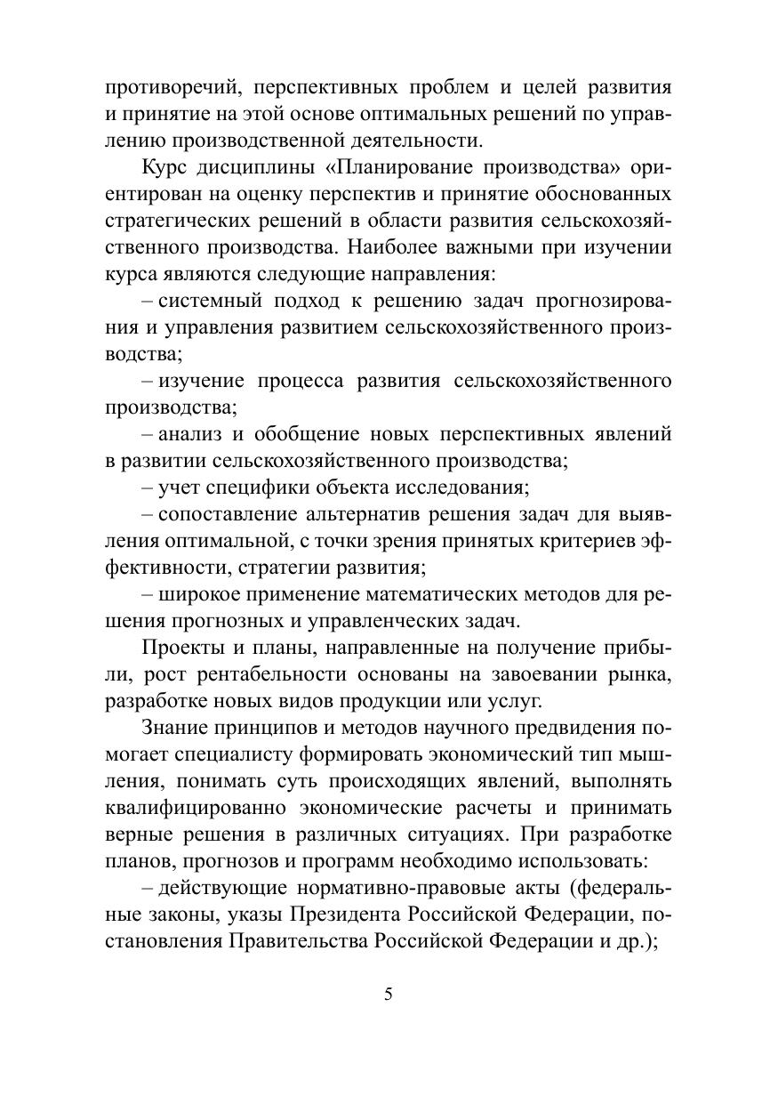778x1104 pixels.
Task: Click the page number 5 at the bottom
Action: [388, 995]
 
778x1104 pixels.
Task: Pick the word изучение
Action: [200, 382]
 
